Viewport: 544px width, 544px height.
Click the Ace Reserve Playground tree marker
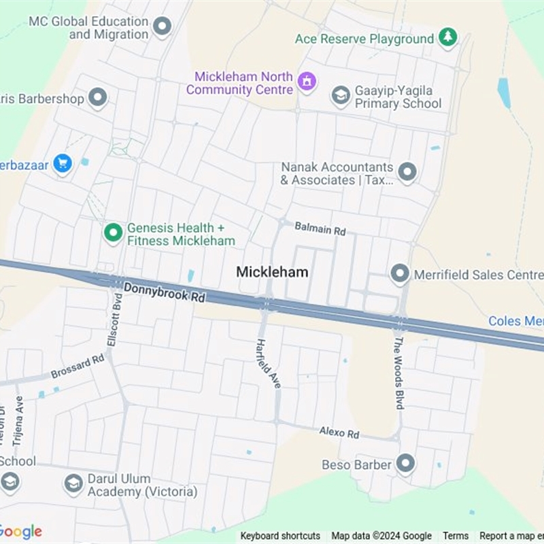(447, 37)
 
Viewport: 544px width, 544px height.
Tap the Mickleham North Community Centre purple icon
(307, 82)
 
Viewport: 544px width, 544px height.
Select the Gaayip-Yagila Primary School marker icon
(341, 96)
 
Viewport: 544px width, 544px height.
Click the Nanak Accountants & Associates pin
(407, 172)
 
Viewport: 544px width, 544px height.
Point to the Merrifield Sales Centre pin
(400, 274)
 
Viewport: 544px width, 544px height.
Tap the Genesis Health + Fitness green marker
(113, 233)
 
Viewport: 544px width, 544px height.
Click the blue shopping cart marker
(63, 163)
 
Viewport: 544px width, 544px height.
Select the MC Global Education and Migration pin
(162, 27)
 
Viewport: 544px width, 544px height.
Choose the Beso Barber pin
(406, 464)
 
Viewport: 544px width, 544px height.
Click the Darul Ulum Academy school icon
(73, 483)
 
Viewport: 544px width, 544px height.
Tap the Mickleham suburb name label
(272, 272)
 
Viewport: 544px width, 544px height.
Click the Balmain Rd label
(320, 228)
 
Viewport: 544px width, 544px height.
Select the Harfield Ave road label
(269, 364)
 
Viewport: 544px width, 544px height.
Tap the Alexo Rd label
(339, 432)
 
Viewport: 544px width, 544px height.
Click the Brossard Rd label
(78, 368)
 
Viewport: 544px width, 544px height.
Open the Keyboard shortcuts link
(280, 536)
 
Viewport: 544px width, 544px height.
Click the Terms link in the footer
(456, 536)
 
